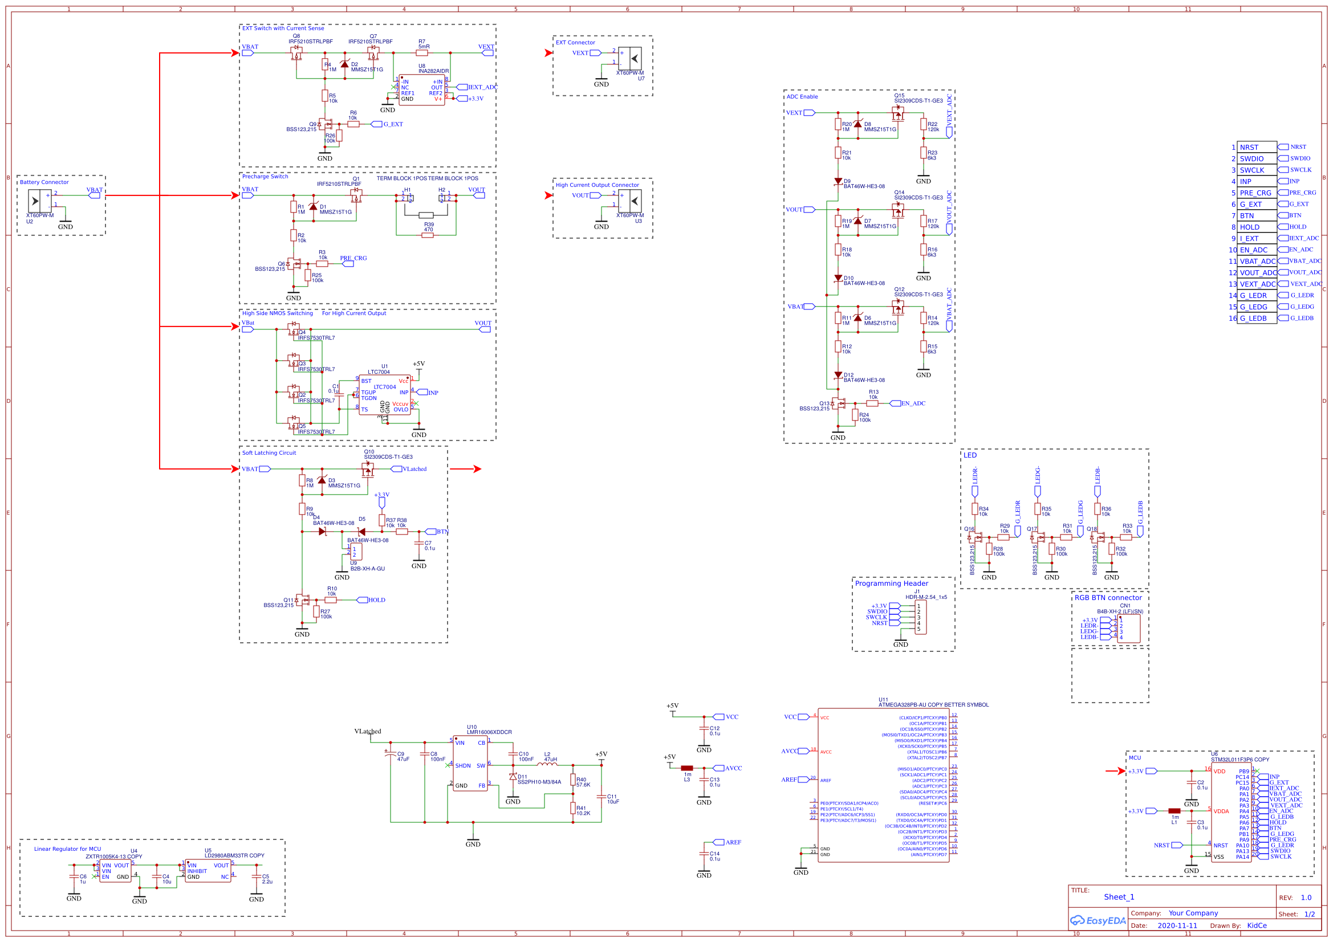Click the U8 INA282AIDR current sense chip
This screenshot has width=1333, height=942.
pos(421,90)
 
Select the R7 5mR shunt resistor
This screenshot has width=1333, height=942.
pos(422,53)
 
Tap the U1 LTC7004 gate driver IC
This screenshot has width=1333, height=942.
pos(385,395)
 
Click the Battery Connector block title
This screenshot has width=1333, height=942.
pos(44,182)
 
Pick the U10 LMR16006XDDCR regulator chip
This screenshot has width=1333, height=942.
pos(470,763)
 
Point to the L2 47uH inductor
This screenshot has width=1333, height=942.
pos(547,764)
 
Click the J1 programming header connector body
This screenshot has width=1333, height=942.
pos(920,618)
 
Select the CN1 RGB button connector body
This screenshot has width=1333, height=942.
pos(1128,628)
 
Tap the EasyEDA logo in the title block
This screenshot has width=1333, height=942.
pos(1098,920)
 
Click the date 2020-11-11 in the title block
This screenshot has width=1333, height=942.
pos(1177,925)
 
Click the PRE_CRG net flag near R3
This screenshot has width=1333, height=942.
pos(348,263)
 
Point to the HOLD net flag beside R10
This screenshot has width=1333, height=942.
pos(361,600)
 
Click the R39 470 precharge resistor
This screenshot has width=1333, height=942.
pos(427,235)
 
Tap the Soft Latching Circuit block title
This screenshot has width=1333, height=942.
pos(269,452)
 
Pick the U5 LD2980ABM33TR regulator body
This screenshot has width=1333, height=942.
pos(208,871)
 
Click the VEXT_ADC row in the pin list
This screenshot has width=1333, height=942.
pos(1257,284)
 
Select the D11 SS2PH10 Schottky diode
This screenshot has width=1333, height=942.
pos(513,776)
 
